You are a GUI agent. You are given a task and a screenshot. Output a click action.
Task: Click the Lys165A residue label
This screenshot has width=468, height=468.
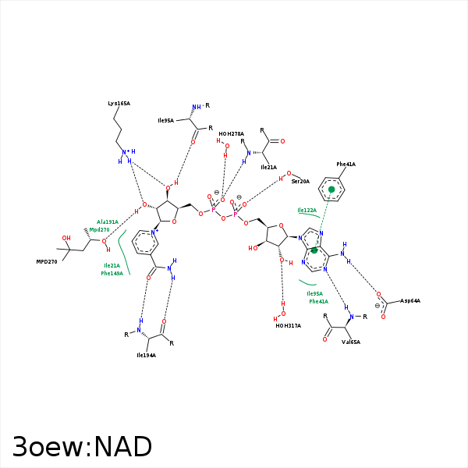click(119, 103)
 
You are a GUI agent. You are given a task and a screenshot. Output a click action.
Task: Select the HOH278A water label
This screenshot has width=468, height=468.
click(231, 133)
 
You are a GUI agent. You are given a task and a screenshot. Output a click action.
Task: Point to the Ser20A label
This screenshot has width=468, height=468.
click(300, 181)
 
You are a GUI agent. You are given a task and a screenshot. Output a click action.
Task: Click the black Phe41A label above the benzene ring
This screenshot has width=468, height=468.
click(346, 165)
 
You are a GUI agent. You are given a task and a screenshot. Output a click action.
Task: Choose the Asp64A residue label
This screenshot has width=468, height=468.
click(410, 300)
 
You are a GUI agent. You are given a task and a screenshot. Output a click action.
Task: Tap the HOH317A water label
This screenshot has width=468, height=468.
click(288, 325)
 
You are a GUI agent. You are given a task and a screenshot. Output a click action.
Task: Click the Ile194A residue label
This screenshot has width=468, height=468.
click(146, 355)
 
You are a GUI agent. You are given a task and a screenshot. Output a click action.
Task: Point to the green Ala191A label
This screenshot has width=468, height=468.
click(108, 222)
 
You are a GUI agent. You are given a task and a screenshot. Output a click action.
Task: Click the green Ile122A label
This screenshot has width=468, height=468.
click(307, 211)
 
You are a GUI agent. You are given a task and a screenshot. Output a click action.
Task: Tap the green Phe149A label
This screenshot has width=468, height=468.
click(113, 273)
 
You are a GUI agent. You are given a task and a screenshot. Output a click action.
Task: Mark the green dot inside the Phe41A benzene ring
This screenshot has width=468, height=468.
click(331, 189)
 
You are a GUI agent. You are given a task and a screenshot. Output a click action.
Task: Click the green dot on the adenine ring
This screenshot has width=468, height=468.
click(315, 250)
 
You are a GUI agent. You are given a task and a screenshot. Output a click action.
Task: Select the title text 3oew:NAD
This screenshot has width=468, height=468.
click(82, 447)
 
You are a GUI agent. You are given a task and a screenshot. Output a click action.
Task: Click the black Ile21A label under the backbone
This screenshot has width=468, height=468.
click(268, 167)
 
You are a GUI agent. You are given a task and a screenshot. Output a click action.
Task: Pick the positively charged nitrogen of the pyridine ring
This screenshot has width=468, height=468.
click(155, 232)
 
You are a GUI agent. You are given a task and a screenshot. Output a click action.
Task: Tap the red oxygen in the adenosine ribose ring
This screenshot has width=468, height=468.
click(283, 227)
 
